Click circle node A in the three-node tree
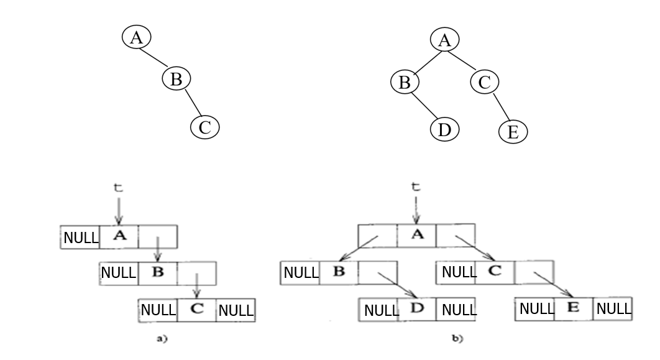tap(136, 37)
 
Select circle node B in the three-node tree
tap(176, 79)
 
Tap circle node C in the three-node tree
tap(205, 127)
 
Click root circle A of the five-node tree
tap(444, 41)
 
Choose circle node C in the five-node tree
tap(484, 81)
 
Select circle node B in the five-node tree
tap(405, 81)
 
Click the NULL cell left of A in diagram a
tap(80, 237)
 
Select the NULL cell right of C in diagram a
tap(236, 310)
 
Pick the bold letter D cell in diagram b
tap(416, 309)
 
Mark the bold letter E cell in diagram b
tap(574, 308)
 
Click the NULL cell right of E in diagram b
tap(613, 308)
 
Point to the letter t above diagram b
tap(416, 187)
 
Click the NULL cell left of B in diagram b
tap(301, 272)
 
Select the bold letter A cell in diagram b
tap(416, 236)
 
